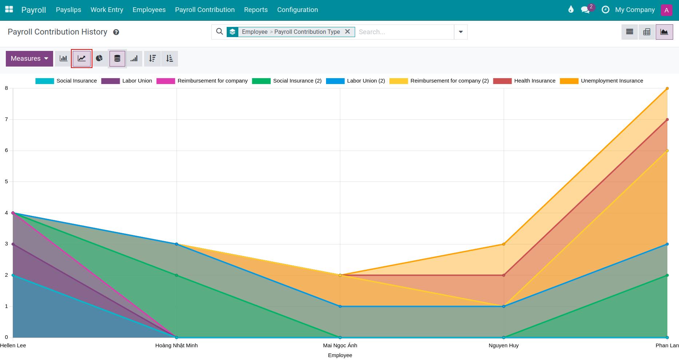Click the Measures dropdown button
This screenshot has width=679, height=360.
(29, 59)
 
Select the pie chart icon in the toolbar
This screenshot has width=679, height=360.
(99, 59)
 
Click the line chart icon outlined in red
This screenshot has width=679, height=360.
(82, 59)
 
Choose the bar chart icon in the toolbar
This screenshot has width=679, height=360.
(64, 59)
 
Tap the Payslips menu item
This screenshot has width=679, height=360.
(68, 10)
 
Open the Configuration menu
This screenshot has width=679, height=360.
(297, 10)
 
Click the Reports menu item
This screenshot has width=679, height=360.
(256, 10)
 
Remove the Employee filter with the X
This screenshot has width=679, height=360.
(348, 32)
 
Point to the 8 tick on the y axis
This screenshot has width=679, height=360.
(7, 88)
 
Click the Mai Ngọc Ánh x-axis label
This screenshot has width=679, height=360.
(340, 345)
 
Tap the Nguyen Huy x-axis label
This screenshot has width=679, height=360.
(503, 345)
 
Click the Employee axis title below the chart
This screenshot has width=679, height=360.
(340, 355)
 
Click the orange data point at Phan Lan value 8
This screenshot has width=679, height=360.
(667, 88)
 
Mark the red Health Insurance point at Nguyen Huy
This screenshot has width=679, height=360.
(504, 275)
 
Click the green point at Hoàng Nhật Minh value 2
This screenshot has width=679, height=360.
(176, 275)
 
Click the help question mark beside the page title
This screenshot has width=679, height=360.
(116, 32)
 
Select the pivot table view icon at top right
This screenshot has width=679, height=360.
(647, 32)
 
